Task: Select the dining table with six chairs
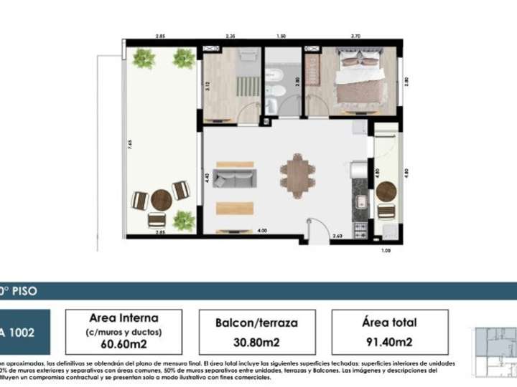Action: point(297,176)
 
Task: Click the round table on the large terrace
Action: point(161,199)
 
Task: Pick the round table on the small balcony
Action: point(386,191)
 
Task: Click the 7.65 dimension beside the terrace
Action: point(130,143)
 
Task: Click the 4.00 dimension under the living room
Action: point(262,230)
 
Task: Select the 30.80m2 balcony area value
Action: point(256,342)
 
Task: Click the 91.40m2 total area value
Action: point(390,342)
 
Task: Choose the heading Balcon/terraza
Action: point(256,323)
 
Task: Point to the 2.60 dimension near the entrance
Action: point(337,236)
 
